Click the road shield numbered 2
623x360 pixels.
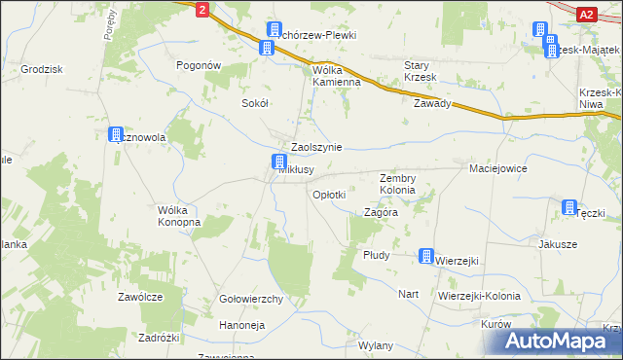point(202,9)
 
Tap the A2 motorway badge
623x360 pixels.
point(586,14)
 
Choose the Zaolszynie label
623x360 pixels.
point(311,147)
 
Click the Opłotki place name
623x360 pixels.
point(328,195)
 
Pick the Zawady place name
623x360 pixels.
point(432,103)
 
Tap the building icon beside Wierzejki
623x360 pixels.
point(426,256)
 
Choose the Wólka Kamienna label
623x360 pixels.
point(337,76)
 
